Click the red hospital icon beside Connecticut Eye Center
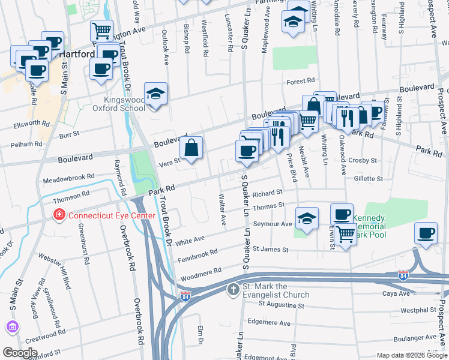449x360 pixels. (59, 215)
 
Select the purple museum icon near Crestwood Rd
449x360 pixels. (11, 326)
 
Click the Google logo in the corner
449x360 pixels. (20, 352)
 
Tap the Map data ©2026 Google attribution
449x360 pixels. (412, 355)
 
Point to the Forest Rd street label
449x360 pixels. (301, 80)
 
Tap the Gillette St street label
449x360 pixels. (368, 179)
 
